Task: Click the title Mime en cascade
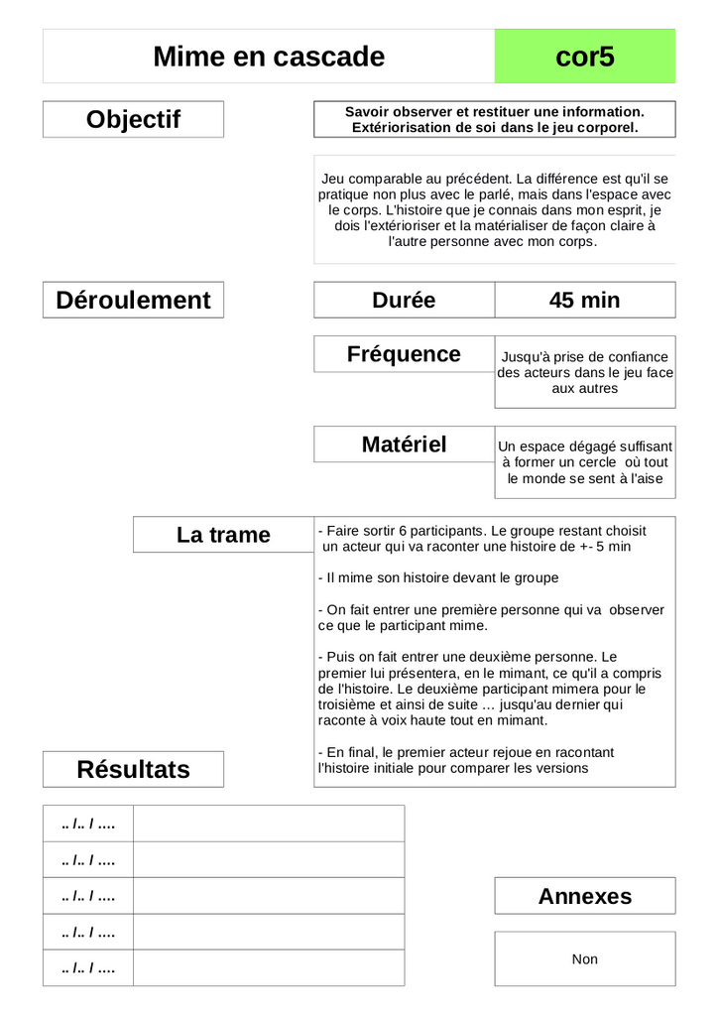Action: (x=269, y=57)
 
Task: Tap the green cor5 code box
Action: (x=585, y=57)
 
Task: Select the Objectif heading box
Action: (x=133, y=119)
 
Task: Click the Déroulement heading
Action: (x=133, y=300)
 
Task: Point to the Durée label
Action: (x=404, y=300)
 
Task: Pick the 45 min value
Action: (x=584, y=300)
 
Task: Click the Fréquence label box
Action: (x=404, y=354)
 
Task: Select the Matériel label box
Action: (x=404, y=444)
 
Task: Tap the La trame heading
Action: (x=223, y=535)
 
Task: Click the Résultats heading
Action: (x=133, y=769)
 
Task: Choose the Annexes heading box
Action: (x=584, y=896)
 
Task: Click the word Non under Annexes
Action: (x=584, y=959)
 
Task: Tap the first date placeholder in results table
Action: (x=88, y=824)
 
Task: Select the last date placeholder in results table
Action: (x=88, y=968)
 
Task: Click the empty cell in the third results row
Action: (x=269, y=896)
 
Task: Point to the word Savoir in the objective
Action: (x=366, y=112)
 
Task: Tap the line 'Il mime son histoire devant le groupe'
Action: (x=438, y=577)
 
